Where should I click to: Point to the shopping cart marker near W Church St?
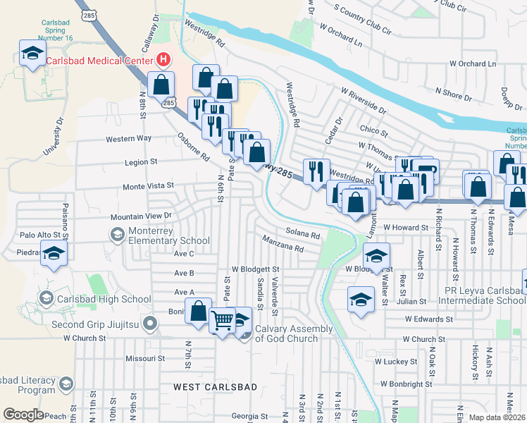(223, 321)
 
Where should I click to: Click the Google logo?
(23, 414)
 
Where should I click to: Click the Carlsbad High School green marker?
(46, 299)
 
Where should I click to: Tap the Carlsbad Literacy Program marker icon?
(66, 384)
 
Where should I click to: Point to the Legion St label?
(140, 162)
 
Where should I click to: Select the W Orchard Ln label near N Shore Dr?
(472, 63)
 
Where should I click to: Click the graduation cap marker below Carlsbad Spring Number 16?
(32, 54)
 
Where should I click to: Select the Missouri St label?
(144, 358)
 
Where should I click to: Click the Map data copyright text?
(497, 417)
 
